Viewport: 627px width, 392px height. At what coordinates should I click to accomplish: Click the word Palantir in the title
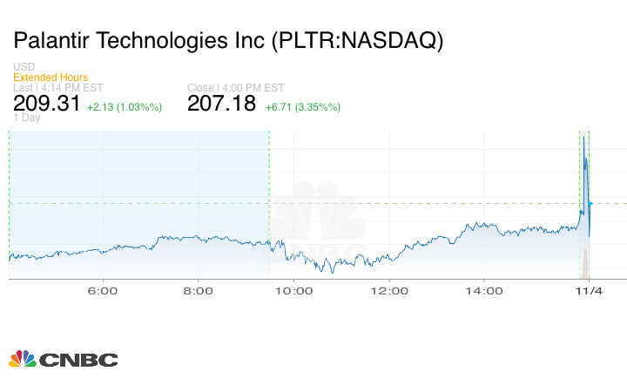[55, 41]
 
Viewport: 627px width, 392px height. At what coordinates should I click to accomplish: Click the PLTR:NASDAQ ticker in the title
[359, 41]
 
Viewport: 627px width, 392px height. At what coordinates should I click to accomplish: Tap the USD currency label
[24, 67]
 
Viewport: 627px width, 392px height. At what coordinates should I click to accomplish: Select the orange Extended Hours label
[50, 78]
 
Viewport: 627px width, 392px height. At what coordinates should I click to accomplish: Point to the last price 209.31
[47, 105]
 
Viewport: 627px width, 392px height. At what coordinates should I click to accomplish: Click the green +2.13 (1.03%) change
[125, 107]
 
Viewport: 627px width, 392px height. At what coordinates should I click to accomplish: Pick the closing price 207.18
[222, 105]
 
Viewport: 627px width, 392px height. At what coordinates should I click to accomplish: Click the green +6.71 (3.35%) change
[303, 107]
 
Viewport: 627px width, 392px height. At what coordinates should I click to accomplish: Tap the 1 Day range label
[26, 118]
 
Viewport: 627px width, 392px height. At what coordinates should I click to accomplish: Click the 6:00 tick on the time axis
[104, 290]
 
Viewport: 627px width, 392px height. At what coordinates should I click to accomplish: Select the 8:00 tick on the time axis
[199, 290]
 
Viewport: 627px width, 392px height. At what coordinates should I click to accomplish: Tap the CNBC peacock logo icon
[22, 359]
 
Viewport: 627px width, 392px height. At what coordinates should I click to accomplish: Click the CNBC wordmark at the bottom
[78, 360]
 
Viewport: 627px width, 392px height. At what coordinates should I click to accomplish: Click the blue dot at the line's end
[590, 204]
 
